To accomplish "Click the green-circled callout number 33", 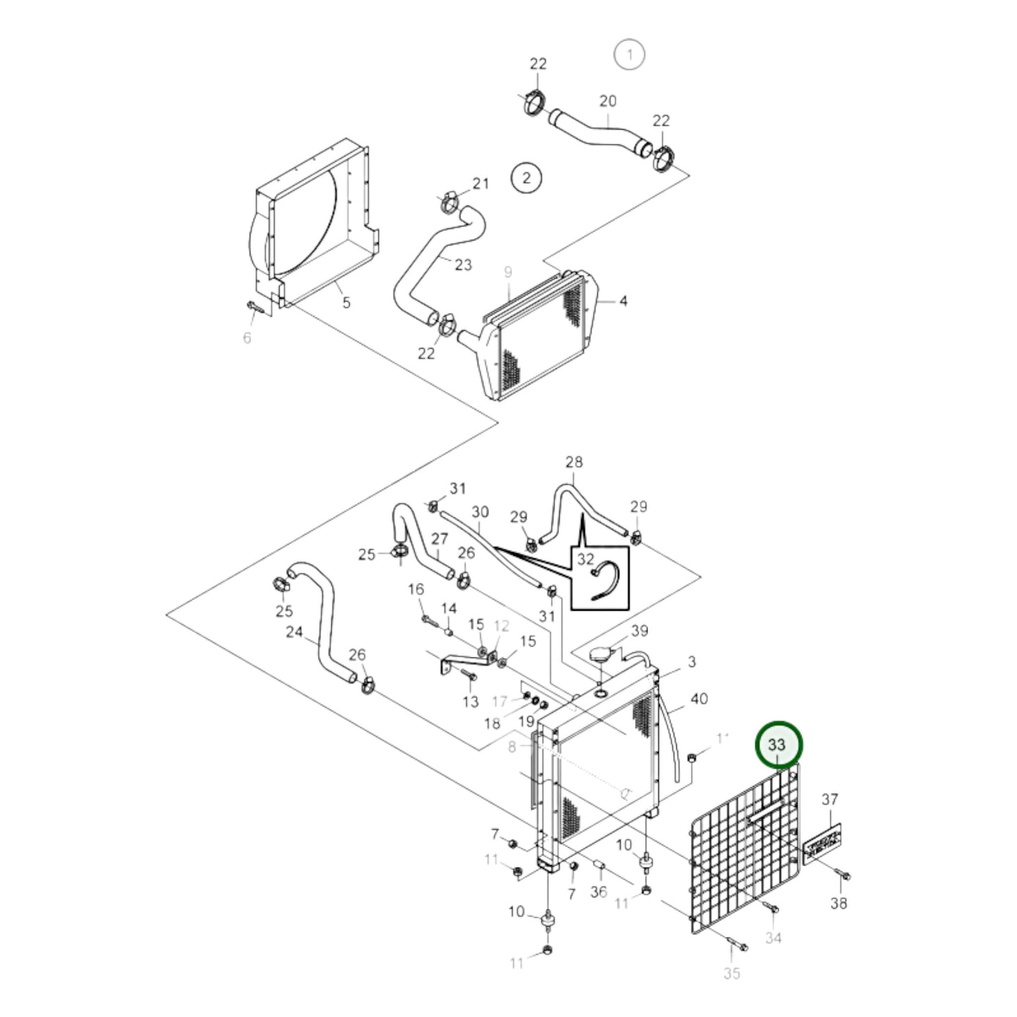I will pyautogui.click(x=777, y=745).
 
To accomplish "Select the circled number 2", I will pyautogui.click(x=526, y=177).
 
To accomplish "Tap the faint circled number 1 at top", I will pyautogui.click(x=629, y=54).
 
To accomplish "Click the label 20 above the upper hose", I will pyautogui.click(x=607, y=101).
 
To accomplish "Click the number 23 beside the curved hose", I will pyautogui.click(x=462, y=265).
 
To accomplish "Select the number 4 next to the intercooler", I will pyautogui.click(x=623, y=301).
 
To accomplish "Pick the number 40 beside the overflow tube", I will pyautogui.click(x=698, y=699).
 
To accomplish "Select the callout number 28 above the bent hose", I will pyautogui.click(x=574, y=462).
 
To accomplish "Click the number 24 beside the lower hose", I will pyautogui.click(x=293, y=632).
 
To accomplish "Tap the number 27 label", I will pyautogui.click(x=439, y=539).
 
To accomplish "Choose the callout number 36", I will pyautogui.click(x=598, y=892).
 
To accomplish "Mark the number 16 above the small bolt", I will pyautogui.click(x=416, y=588).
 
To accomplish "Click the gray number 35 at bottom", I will pyautogui.click(x=731, y=973).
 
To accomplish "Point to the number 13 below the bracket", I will pyautogui.click(x=470, y=701).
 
